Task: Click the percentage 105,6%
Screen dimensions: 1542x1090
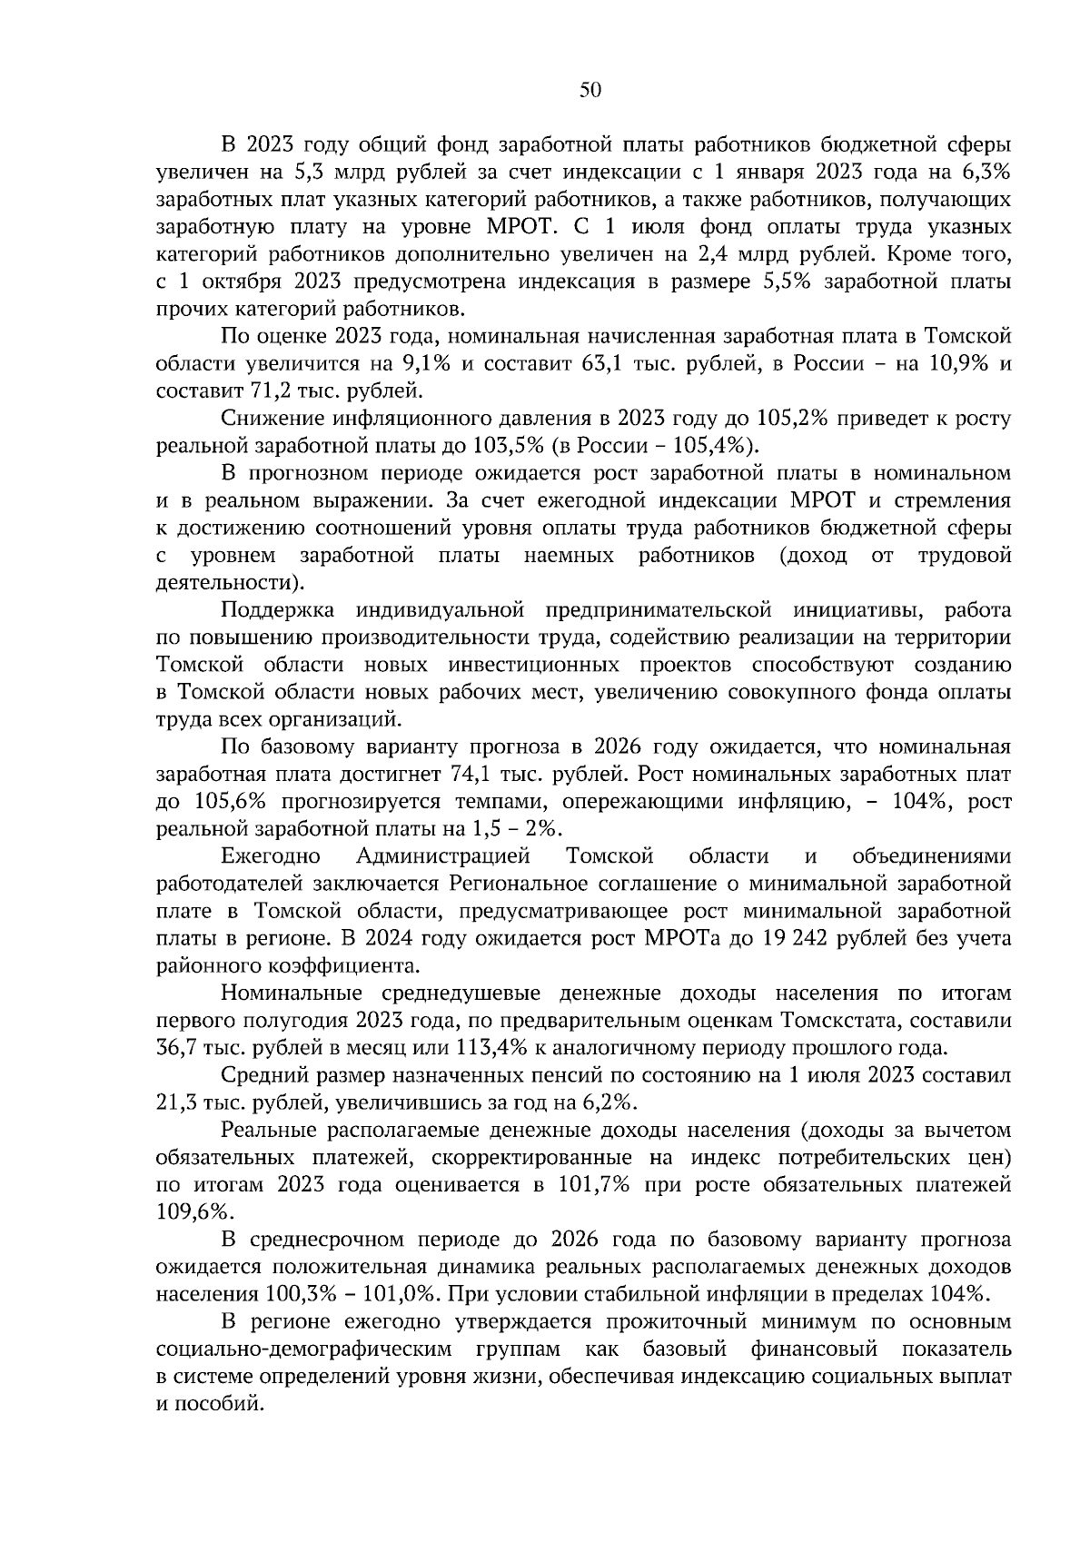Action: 229,802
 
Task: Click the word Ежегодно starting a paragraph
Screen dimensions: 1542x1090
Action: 271,856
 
